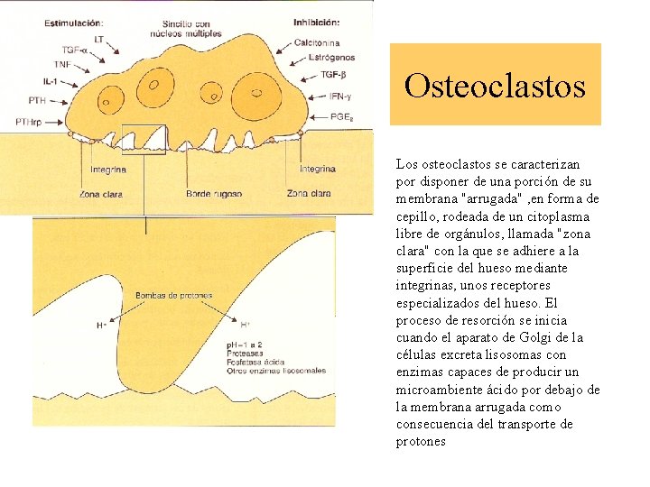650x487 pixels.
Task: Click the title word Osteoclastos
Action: click(x=495, y=87)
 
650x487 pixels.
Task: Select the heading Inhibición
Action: click(x=315, y=22)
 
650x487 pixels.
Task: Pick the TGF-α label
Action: click(x=74, y=51)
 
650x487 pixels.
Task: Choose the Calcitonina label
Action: click(x=317, y=42)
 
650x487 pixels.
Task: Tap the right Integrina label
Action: click(x=318, y=169)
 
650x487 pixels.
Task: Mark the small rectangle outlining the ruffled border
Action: click(x=144, y=138)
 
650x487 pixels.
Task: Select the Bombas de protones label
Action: click(x=173, y=295)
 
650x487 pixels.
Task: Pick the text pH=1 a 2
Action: click(x=246, y=345)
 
